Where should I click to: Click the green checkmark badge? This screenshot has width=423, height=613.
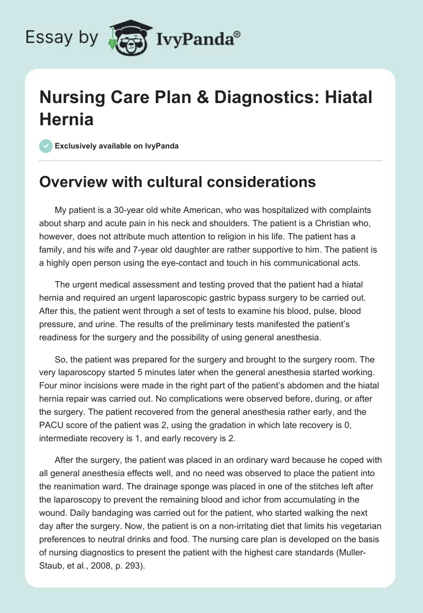(x=46, y=146)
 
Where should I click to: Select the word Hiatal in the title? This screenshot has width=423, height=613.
(x=346, y=97)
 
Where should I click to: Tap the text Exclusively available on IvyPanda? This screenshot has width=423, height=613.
(x=117, y=146)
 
